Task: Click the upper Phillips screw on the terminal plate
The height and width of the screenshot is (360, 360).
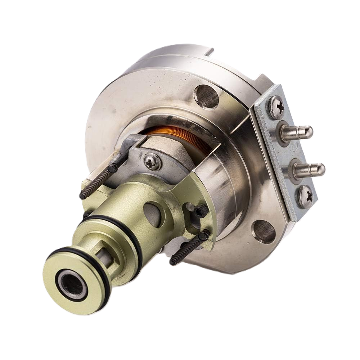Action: pyautogui.click(x=276, y=107)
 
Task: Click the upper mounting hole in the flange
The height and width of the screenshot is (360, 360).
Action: pyautogui.click(x=206, y=96)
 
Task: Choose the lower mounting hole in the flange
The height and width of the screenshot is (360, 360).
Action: pyautogui.click(x=264, y=231)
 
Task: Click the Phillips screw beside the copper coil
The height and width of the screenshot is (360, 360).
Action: pyautogui.click(x=152, y=162)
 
